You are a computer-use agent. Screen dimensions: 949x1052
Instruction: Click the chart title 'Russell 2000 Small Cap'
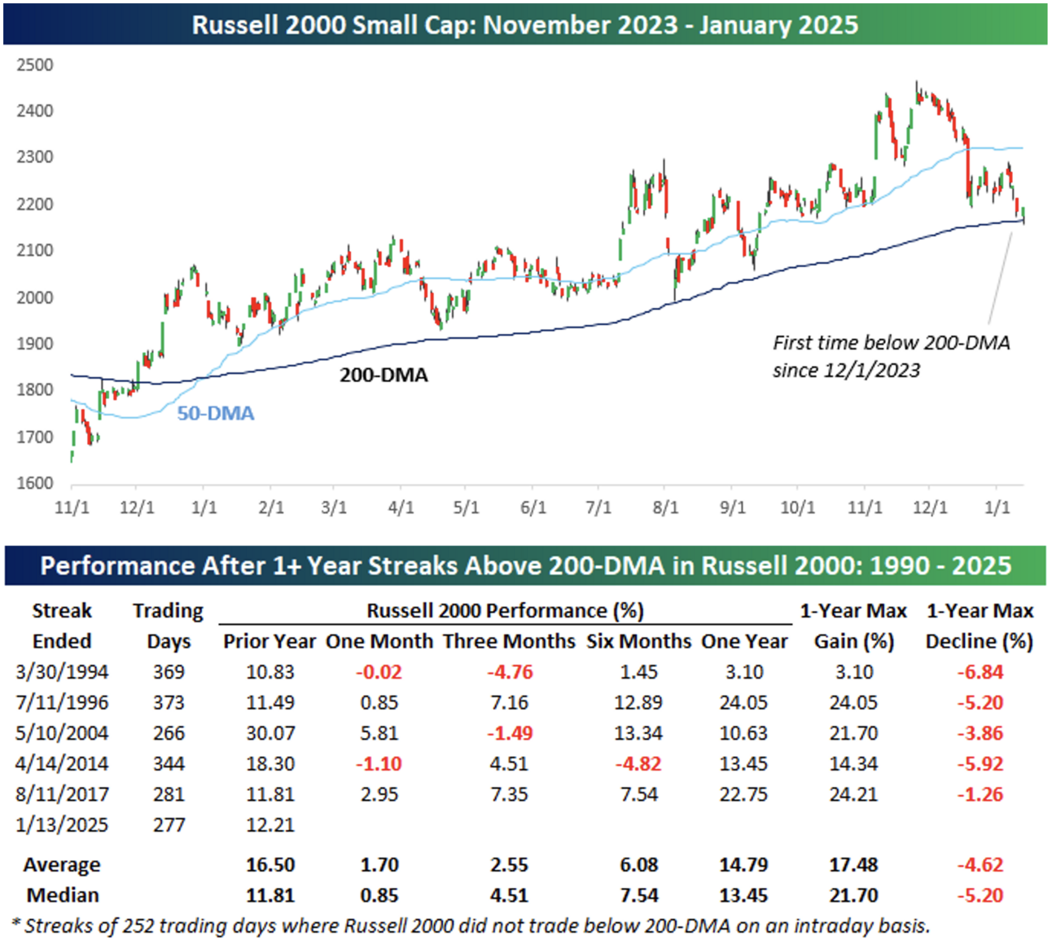(524, 24)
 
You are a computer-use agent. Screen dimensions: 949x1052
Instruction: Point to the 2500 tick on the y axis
(35, 65)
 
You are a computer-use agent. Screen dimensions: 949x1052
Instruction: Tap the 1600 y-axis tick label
(35, 483)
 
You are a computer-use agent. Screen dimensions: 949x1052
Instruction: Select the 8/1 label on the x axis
(665, 507)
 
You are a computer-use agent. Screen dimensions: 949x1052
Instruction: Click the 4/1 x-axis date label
(401, 507)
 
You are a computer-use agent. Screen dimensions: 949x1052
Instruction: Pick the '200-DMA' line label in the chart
(384, 375)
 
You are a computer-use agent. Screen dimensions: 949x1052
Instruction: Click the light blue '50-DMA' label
(216, 414)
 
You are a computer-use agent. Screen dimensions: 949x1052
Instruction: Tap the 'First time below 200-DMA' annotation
(891, 356)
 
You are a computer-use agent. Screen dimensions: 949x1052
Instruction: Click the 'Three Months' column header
(509, 641)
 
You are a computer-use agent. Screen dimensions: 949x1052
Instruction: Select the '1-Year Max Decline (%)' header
(980, 626)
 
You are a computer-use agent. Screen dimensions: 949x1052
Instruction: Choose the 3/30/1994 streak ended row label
(62, 672)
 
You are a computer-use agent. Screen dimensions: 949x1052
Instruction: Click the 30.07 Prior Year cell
(270, 733)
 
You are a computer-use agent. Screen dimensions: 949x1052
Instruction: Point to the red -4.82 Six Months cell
(638, 764)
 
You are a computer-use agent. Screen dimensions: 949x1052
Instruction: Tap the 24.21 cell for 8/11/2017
(853, 794)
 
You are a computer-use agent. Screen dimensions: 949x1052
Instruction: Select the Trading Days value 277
(169, 825)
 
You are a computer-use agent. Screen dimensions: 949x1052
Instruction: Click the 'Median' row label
(63, 895)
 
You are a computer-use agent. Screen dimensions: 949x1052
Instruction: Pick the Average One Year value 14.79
(743, 865)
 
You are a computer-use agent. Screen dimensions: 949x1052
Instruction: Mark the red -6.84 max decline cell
(980, 672)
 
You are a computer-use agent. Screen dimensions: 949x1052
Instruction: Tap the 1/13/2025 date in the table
(62, 825)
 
